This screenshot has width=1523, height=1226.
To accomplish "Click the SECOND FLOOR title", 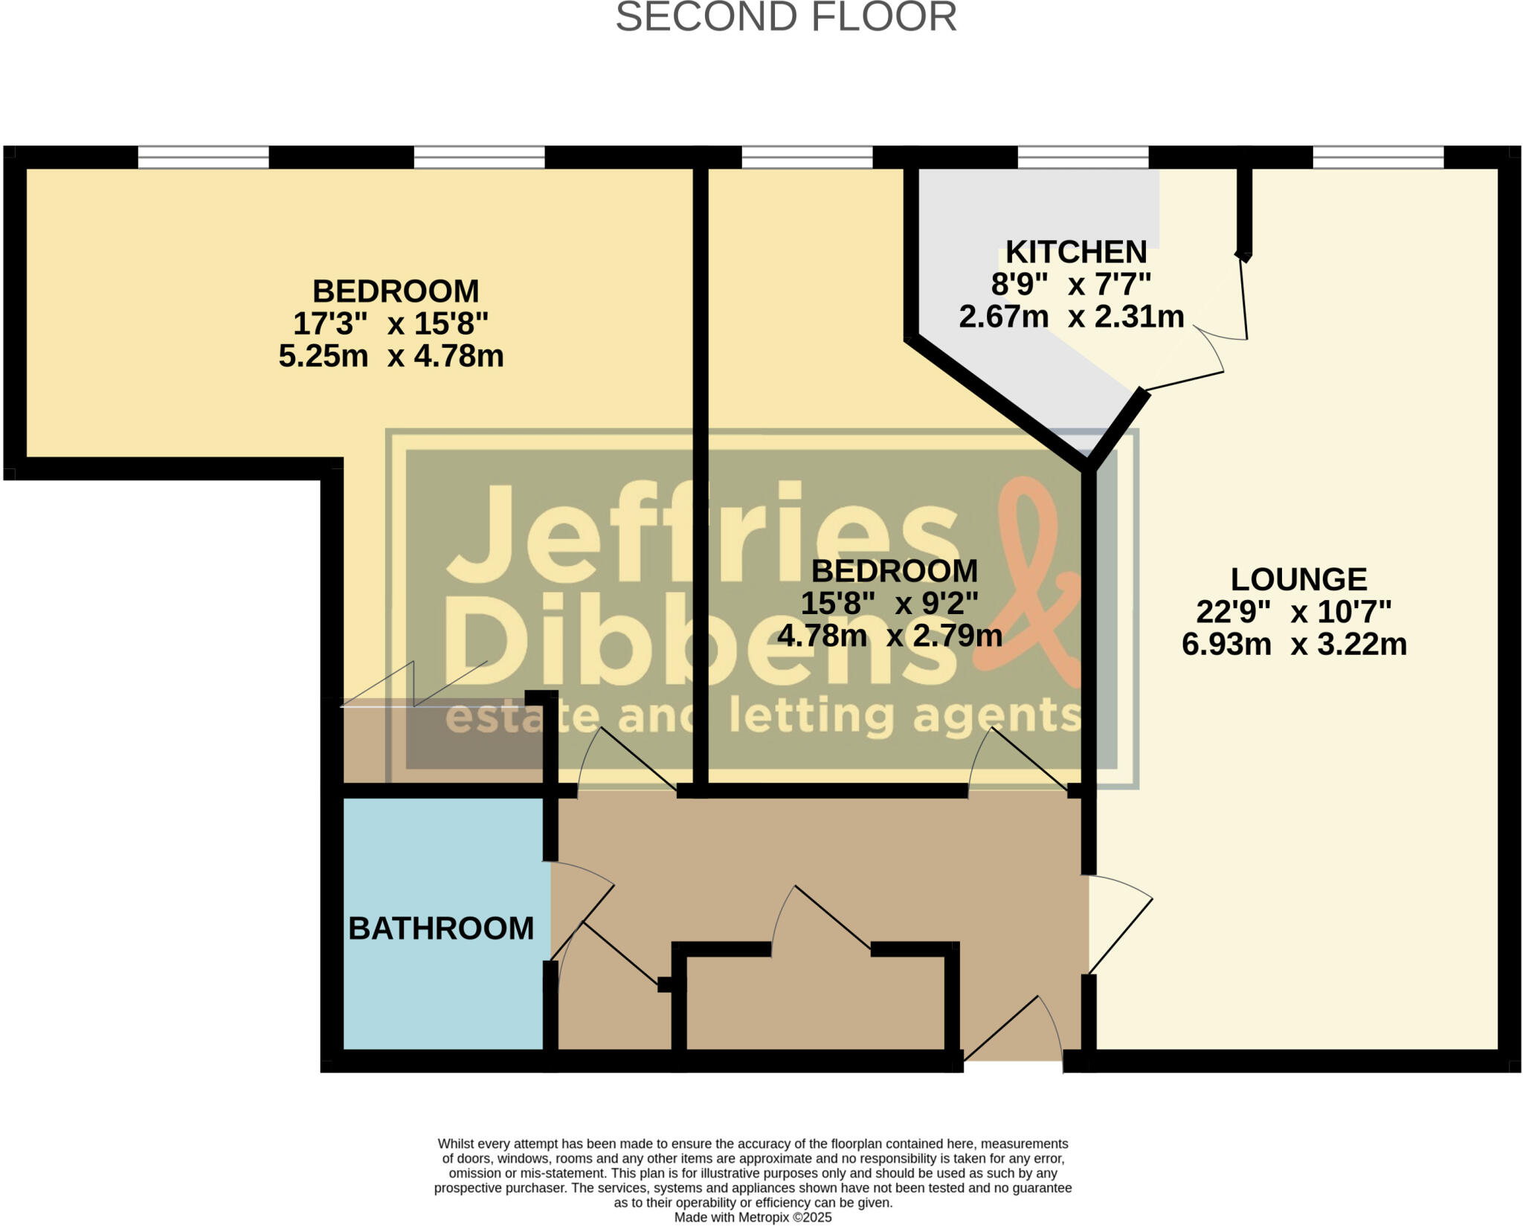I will tap(785, 18).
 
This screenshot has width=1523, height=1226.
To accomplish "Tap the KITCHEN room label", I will tap(1075, 252).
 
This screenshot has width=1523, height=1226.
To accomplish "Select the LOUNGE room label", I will tap(1298, 579).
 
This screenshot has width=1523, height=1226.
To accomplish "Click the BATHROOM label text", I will tap(441, 929).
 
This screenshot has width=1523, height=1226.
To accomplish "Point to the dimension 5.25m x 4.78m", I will tap(391, 356).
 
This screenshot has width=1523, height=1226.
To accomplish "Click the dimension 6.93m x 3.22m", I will tap(1294, 644).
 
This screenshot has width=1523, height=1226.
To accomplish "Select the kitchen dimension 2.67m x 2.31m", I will tap(1071, 317).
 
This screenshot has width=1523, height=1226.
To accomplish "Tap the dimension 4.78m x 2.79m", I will tap(889, 636).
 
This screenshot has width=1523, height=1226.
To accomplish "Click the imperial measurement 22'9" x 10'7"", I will tap(1293, 612).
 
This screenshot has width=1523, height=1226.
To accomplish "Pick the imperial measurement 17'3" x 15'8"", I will tap(390, 323).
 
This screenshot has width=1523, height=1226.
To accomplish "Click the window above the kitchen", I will tap(1083, 157).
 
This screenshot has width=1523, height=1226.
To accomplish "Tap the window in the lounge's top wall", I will tap(1378, 157).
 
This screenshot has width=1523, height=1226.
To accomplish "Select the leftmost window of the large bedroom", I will tap(203, 157).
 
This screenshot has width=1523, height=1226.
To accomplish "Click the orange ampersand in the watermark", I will tap(1034, 580).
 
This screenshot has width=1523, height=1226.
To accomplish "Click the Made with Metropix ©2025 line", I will tap(753, 1217).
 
